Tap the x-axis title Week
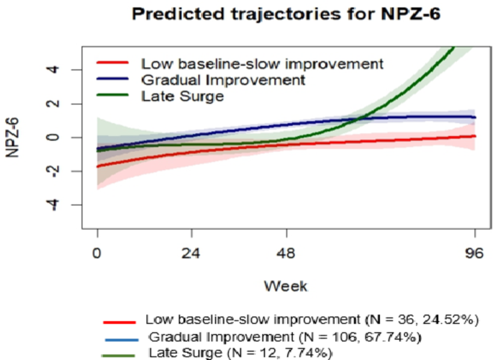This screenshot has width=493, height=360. [x=285, y=286]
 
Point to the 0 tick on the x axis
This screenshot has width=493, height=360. [x=98, y=254]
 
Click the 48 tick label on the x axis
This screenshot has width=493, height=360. [x=287, y=254]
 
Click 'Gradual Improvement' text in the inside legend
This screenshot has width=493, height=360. [x=204, y=78]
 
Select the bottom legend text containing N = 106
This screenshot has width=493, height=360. [x=285, y=336]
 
